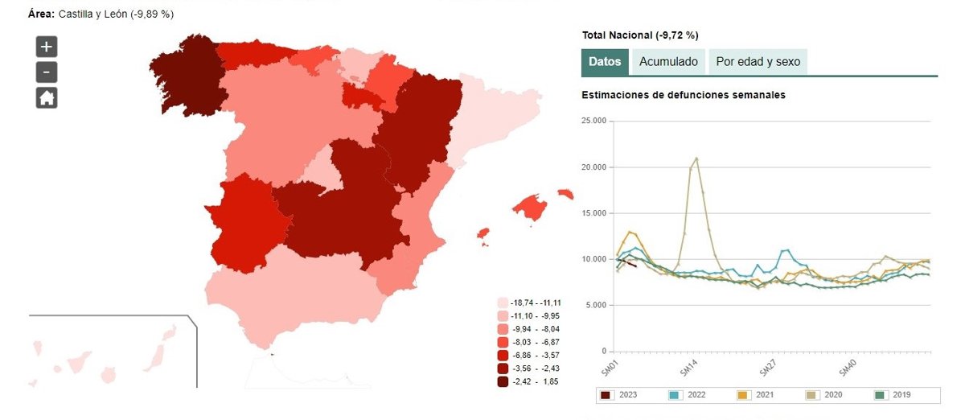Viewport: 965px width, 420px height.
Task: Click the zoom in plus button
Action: tap(47, 46)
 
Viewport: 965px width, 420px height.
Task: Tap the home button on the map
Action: tap(47, 97)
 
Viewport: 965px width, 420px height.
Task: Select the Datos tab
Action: tap(605, 62)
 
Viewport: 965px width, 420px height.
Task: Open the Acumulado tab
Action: tap(668, 62)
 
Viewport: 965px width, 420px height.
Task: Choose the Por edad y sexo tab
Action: tap(758, 62)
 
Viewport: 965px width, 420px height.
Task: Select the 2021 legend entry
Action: tap(755, 395)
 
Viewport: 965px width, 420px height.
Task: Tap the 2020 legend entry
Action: tap(823, 395)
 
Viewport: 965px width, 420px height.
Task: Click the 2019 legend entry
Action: tap(893, 395)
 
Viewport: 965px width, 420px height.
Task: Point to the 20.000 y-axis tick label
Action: tap(593, 167)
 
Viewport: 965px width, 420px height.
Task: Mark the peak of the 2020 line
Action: tap(696, 159)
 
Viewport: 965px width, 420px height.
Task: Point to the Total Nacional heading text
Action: tap(639, 35)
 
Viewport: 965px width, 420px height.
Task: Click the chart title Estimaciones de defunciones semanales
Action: tap(683, 95)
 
